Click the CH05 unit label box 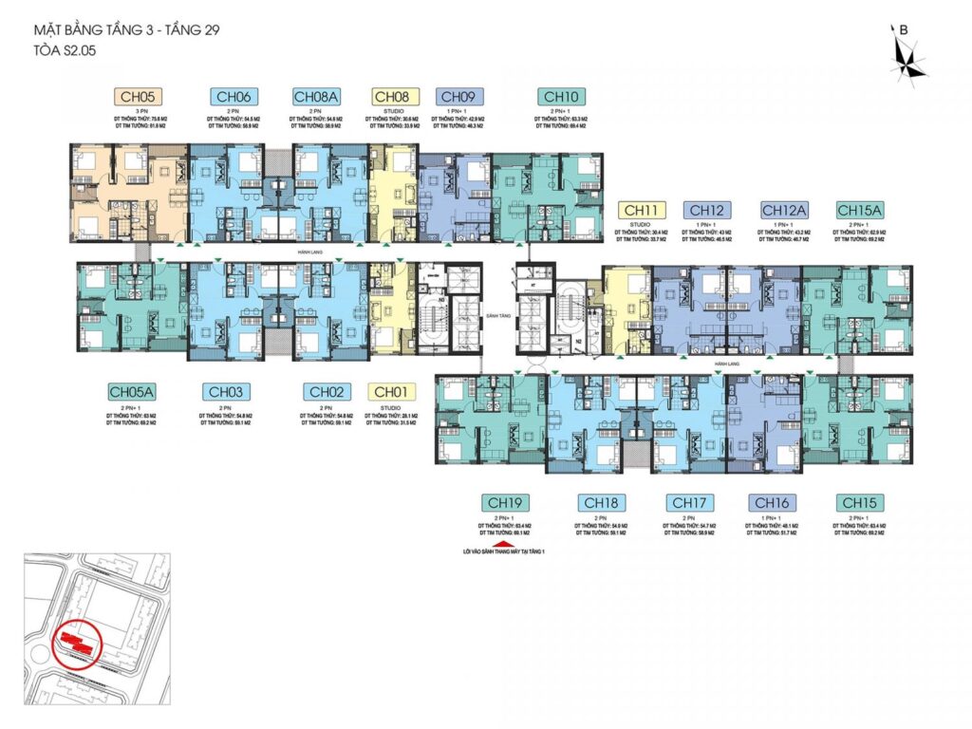[139, 96]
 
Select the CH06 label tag [234, 96]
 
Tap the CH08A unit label [315, 96]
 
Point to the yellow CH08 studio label [391, 96]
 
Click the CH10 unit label [561, 96]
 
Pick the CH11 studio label [641, 210]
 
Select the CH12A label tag [785, 210]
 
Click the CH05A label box [131, 391]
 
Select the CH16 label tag [772, 502]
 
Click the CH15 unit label [859, 502]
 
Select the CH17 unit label [690, 502]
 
